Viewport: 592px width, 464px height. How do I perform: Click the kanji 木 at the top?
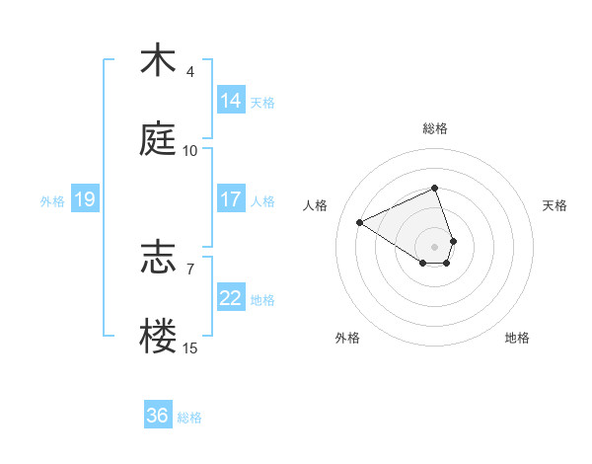click(x=158, y=61)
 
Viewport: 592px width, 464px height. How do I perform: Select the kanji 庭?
click(x=158, y=140)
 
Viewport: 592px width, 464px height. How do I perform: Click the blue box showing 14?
click(x=231, y=101)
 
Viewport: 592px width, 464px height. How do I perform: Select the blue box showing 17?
click(x=231, y=199)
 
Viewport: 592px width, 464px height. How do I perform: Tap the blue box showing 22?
click(x=231, y=298)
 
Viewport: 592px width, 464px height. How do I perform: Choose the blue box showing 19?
click(x=85, y=199)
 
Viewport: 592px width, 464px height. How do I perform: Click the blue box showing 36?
click(x=158, y=416)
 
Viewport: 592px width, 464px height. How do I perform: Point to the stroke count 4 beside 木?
click(x=190, y=71)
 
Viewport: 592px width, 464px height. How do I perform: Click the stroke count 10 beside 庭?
click(x=190, y=150)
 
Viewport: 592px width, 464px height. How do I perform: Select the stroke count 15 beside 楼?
click(x=190, y=348)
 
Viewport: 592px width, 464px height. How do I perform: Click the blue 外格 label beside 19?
click(x=52, y=200)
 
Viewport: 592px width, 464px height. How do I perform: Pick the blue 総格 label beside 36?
click(x=189, y=417)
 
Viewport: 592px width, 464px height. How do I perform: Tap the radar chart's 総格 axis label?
click(x=435, y=128)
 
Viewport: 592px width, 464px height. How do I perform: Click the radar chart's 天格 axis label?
click(x=555, y=205)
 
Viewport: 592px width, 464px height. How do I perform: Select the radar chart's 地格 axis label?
click(x=517, y=338)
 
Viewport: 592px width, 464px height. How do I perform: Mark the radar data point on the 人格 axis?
click(x=360, y=222)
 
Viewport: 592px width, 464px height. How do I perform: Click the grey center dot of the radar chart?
click(x=435, y=245)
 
